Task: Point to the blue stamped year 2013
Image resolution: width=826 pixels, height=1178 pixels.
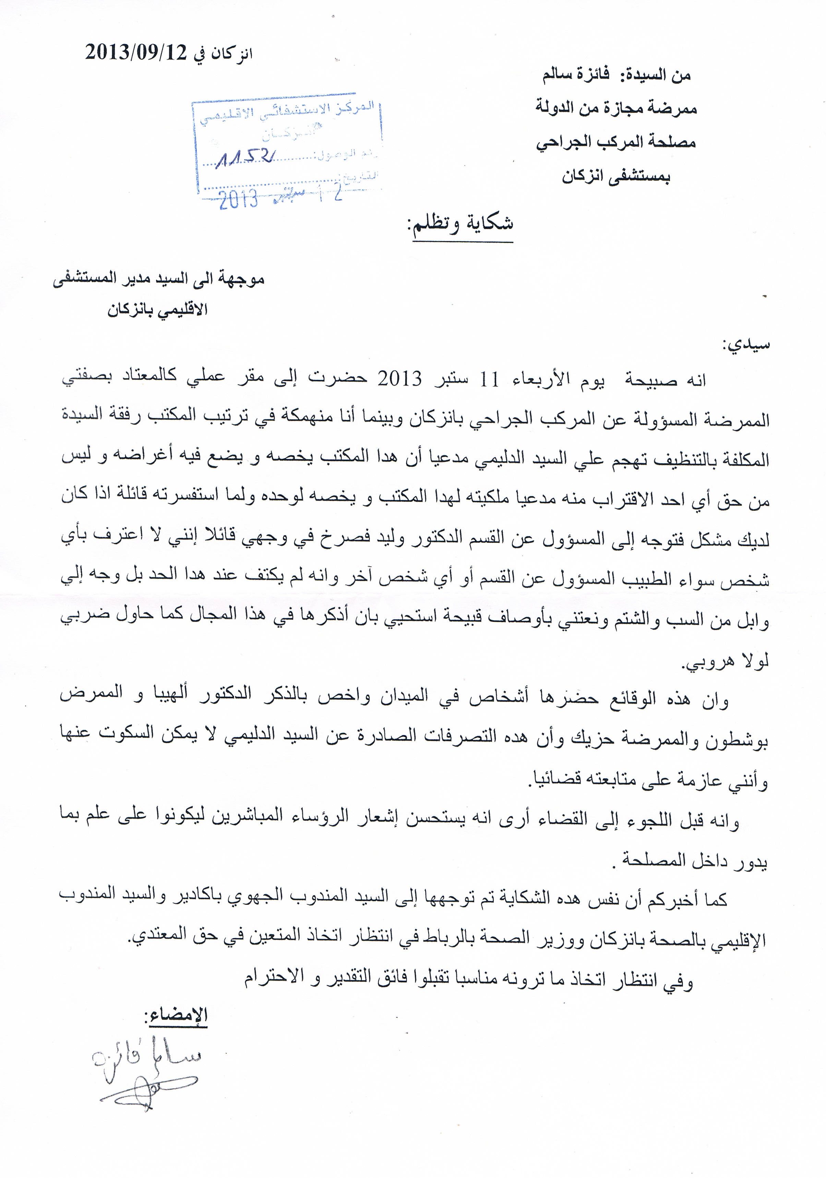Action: (x=239, y=199)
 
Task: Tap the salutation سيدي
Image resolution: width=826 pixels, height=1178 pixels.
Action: (x=746, y=345)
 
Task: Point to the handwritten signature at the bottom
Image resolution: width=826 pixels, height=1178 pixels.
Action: (x=149, y=1065)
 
